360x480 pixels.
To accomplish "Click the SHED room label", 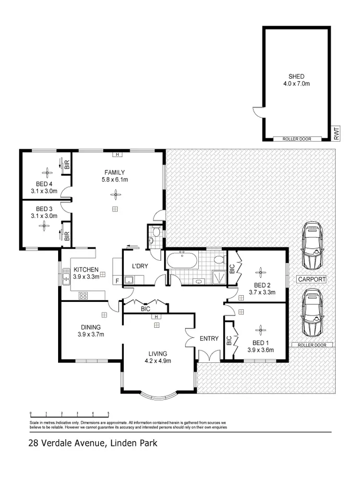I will [296, 76].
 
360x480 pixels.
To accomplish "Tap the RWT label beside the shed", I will [336, 132].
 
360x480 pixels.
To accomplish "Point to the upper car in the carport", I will [312, 246].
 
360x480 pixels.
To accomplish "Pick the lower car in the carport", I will [312, 313].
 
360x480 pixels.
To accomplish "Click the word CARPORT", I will [312, 279].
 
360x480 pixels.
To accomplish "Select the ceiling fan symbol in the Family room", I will [114, 194].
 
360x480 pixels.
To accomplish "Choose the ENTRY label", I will [209, 339].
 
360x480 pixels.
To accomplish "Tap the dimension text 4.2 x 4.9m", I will [158, 361].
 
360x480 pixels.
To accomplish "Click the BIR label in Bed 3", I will [67, 236].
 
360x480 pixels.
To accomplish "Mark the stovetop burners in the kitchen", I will [83, 295].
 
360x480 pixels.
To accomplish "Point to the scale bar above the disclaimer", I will [70, 414].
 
